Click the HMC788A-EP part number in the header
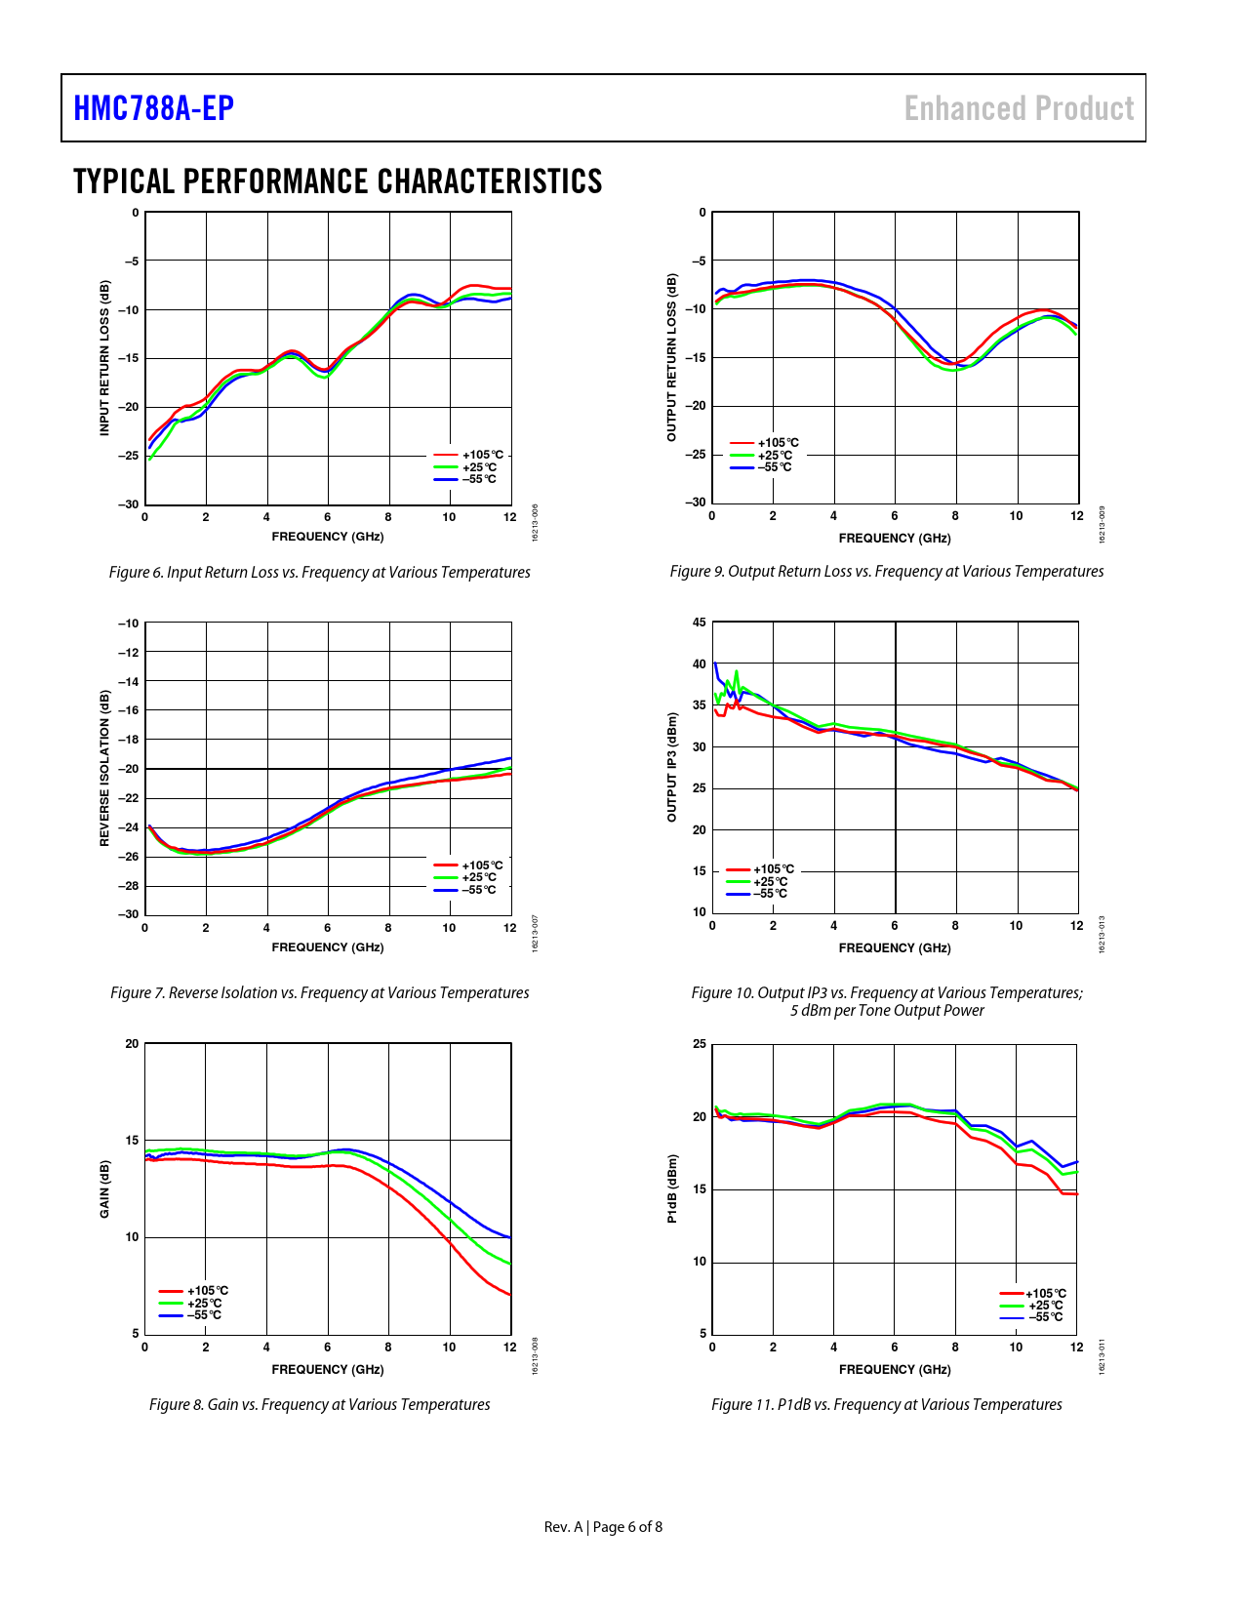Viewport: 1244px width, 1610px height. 154,108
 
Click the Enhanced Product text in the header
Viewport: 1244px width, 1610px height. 1019,108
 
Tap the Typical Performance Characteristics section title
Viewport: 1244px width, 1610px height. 338,181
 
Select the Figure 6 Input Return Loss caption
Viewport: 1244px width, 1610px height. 319,572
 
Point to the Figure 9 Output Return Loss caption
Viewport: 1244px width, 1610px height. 886,571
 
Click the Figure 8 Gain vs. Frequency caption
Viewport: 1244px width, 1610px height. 319,1404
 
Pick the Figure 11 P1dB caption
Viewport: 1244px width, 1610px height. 886,1404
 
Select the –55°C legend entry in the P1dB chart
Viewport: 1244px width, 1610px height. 1044,1317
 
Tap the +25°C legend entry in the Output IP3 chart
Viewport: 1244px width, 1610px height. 770,881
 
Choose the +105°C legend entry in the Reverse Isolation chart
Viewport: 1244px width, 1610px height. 482,865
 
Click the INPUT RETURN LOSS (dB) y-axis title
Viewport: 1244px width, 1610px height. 104,358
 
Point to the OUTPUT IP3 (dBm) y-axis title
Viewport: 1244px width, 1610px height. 671,767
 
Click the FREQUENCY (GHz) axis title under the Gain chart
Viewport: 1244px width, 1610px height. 328,1369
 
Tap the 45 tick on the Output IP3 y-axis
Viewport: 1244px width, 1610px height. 699,622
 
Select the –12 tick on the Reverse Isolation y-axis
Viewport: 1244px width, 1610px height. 128,652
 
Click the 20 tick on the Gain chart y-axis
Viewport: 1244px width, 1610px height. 132,1043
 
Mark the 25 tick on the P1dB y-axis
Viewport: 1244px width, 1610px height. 699,1044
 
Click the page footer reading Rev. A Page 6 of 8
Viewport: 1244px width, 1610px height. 603,1527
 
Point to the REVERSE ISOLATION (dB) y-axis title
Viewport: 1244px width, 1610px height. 104,768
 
